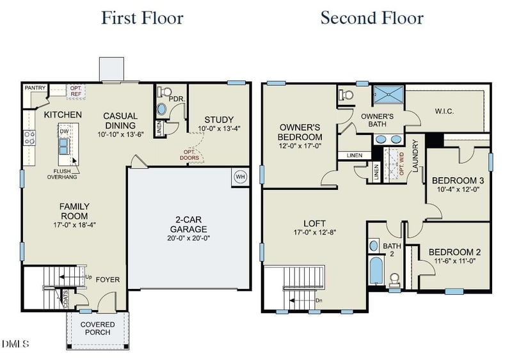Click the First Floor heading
(141, 17)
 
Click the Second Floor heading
(372, 17)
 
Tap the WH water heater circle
(241, 177)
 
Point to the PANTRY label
(35, 88)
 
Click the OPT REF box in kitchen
(76, 91)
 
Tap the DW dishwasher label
(64, 131)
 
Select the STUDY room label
(219, 120)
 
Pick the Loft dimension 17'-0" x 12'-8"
(316, 232)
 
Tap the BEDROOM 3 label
(458, 180)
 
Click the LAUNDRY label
(415, 156)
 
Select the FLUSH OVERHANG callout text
(62, 175)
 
